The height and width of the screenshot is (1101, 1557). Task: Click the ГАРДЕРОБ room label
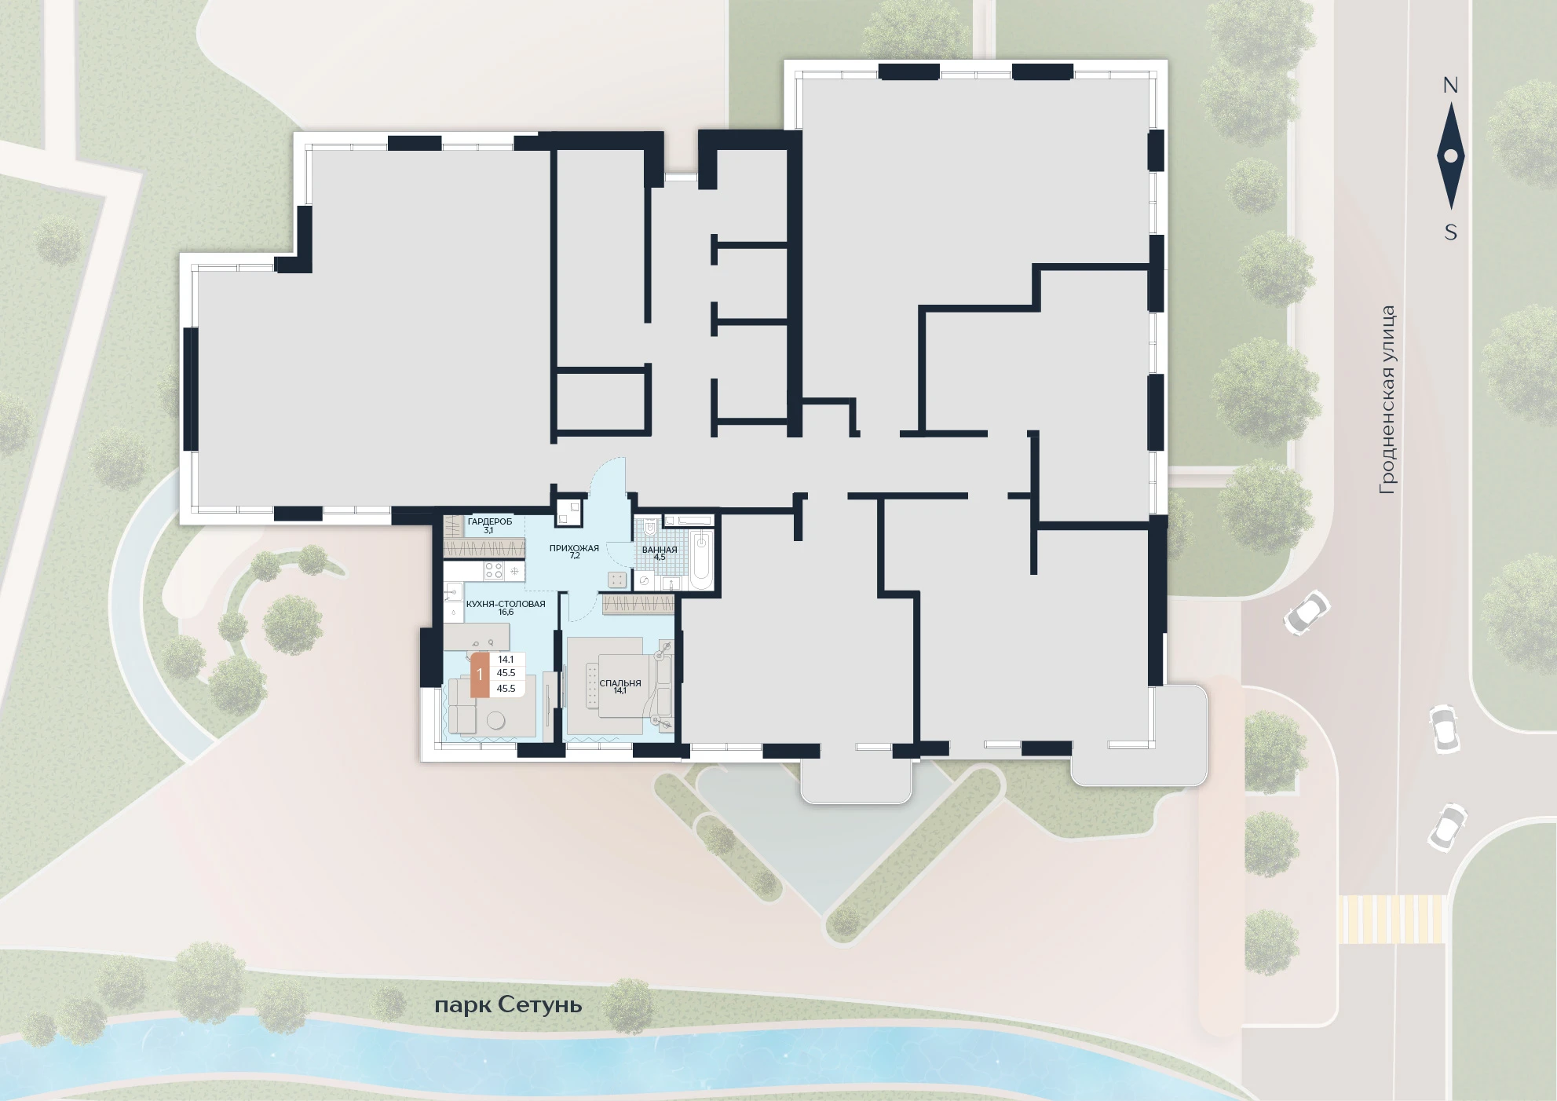pyautogui.click(x=489, y=521)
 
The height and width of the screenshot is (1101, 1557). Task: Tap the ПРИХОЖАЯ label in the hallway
pyautogui.click(x=574, y=548)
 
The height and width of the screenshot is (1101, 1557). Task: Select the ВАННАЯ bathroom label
pyautogui.click(x=660, y=550)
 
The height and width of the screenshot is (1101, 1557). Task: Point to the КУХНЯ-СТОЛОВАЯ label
pyautogui.click(x=505, y=604)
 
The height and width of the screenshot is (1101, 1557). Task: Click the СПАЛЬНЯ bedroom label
pyautogui.click(x=620, y=683)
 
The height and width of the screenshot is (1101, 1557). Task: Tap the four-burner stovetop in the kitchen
pyautogui.click(x=493, y=571)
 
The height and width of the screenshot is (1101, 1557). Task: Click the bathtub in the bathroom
pyautogui.click(x=702, y=559)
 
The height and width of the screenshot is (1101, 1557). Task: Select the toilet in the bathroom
pyautogui.click(x=649, y=528)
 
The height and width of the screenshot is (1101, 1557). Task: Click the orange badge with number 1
pyautogui.click(x=480, y=675)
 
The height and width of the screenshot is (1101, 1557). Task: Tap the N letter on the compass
pyautogui.click(x=1450, y=86)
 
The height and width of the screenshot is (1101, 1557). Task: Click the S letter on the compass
pyautogui.click(x=1450, y=232)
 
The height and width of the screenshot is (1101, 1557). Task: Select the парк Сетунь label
pyautogui.click(x=508, y=1005)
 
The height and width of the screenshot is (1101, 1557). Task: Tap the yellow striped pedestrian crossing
pyautogui.click(x=1391, y=919)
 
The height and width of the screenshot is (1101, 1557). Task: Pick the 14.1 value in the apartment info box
pyautogui.click(x=506, y=660)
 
